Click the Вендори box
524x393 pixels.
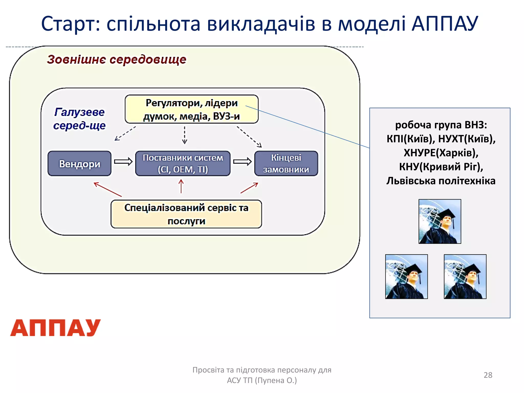[80, 163]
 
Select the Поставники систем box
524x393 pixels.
[183, 163]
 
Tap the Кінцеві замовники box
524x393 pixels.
[286, 163]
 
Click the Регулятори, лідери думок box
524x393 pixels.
[191, 109]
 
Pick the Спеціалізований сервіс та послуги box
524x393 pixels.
[186, 214]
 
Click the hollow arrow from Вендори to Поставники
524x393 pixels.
[123, 162]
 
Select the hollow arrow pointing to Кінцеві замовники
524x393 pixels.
[242, 162]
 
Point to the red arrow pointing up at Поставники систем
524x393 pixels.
[181, 186]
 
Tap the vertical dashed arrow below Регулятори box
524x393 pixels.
[184, 135]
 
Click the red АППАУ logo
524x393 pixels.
[55, 328]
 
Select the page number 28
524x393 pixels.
[488, 375]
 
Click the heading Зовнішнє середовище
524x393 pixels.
[117, 60]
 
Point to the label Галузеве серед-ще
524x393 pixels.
[79, 119]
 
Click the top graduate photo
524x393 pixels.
[440, 222]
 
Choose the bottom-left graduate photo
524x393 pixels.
[406, 277]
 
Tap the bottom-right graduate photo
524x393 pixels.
[465, 277]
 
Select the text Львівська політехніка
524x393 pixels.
[441, 181]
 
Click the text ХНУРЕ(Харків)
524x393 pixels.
[441, 153]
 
